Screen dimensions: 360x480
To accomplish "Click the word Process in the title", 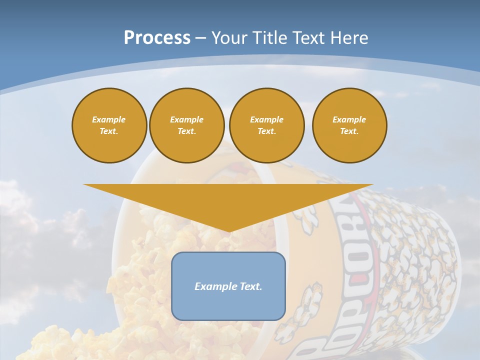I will coord(157,38).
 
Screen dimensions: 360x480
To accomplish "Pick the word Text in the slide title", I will coord(308,38).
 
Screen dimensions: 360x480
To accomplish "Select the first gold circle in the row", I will coord(109,125).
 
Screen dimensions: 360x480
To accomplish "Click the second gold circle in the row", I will coord(187,125).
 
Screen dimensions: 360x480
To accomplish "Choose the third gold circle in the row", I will coord(267,125).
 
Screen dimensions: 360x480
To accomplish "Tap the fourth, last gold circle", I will coord(349,125).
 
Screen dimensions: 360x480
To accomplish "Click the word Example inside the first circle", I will coord(109,119).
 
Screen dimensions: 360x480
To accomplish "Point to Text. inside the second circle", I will coord(186,131).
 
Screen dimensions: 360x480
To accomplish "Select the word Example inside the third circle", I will coord(266,119).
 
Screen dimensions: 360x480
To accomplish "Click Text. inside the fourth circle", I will coord(349,131).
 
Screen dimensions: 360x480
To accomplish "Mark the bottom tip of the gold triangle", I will coord(228,231).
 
